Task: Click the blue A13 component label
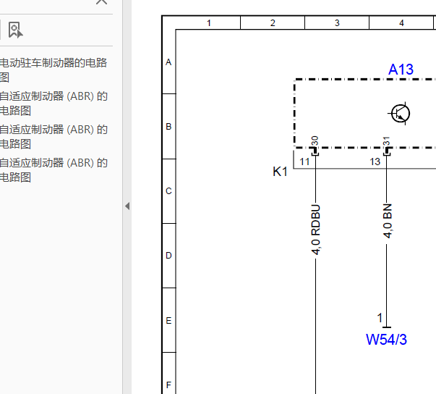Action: pos(401,70)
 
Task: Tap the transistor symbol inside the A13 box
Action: pos(400,113)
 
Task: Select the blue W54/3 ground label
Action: pos(386,340)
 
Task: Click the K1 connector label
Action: pos(280,172)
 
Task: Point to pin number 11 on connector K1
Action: pos(304,162)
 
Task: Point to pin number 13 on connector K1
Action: pos(375,162)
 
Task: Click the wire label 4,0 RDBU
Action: pos(316,230)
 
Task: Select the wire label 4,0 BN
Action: pos(388,221)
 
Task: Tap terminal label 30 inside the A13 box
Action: pos(315,141)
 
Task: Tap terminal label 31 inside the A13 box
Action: pos(387,141)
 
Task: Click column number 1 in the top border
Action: pos(209,23)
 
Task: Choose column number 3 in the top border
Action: pos(337,23)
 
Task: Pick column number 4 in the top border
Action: pos(401,23)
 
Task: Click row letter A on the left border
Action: pos(168,62)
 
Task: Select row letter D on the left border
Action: pos(168,256)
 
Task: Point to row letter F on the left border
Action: pos(168,385)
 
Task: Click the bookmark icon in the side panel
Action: pos(15,30)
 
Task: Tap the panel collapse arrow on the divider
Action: pos(127,206)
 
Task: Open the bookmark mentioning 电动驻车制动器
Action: pos(54,70)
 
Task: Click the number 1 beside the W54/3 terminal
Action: pos(380,318)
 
